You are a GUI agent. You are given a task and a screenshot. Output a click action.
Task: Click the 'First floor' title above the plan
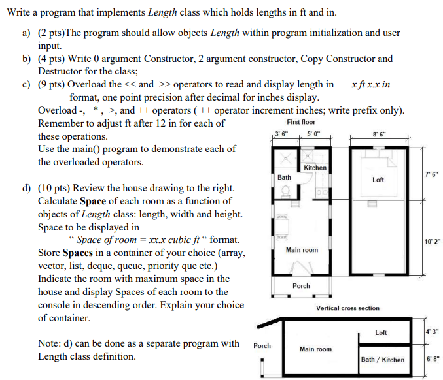(x=300, y=122)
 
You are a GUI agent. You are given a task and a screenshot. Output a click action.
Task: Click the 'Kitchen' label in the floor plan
(x=315, y=168)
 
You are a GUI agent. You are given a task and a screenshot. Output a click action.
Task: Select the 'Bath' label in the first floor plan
(x=284, y=177)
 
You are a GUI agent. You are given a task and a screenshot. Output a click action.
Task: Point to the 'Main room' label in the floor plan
(x=302, y=250)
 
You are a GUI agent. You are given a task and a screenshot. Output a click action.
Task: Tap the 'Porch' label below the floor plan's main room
(x=302, y=286)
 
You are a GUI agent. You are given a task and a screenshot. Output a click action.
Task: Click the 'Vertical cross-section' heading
(x=347, y=308)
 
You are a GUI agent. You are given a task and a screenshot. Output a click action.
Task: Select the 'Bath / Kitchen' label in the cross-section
(x=383, y=360)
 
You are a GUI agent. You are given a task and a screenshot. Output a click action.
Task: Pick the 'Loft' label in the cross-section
(x=381, y=333)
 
